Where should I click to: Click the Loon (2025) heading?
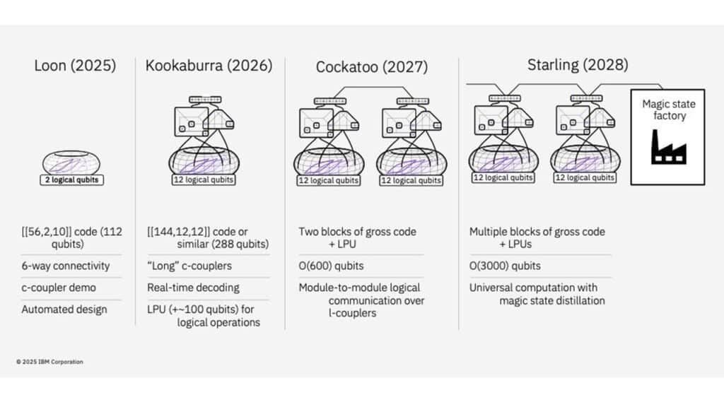[75, 66]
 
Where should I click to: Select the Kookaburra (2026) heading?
[209, 66]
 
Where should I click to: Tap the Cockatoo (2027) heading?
[371, 67]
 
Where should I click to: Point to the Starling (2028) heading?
[578, 65]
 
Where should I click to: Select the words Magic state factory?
[668, 110]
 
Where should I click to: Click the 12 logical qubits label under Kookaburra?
[204, 180]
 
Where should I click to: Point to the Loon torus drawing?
[71, 163]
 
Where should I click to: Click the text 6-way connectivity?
[66, 266]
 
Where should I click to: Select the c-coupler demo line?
[59, 288]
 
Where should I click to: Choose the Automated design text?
[64, 309]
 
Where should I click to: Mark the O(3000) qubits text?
[505, 266]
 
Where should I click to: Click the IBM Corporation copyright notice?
[49, 362]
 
